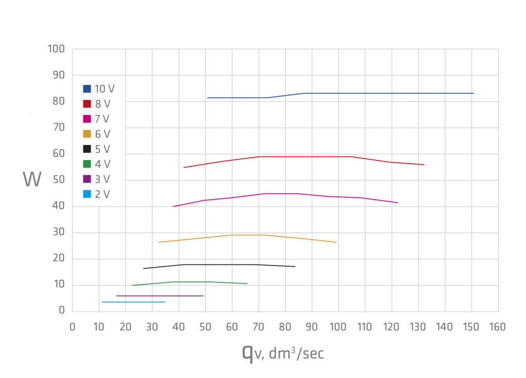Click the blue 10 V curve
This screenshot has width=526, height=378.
pos(360,93)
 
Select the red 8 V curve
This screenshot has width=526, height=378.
pos(308,156)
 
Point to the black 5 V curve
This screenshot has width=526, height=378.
pos(231,264)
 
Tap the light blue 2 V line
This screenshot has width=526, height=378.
pos(134,302)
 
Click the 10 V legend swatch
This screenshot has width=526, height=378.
pos(87,89)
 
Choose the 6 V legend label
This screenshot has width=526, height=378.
pos(102,134)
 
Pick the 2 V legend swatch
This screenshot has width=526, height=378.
pos(87,194)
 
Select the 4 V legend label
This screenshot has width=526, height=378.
pos(102,164)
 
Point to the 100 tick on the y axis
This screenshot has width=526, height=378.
pos(56,49)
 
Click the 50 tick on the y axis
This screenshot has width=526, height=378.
pos(58,180)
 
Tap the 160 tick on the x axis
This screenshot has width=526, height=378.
pos(498,327)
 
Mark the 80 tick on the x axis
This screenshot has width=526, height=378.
pos(285,327)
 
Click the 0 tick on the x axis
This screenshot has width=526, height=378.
pos(72,327)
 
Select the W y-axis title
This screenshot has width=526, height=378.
pos(32,179)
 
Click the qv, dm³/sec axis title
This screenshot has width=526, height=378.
pos(283,353)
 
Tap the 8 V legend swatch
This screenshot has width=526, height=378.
pos(87,104)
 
